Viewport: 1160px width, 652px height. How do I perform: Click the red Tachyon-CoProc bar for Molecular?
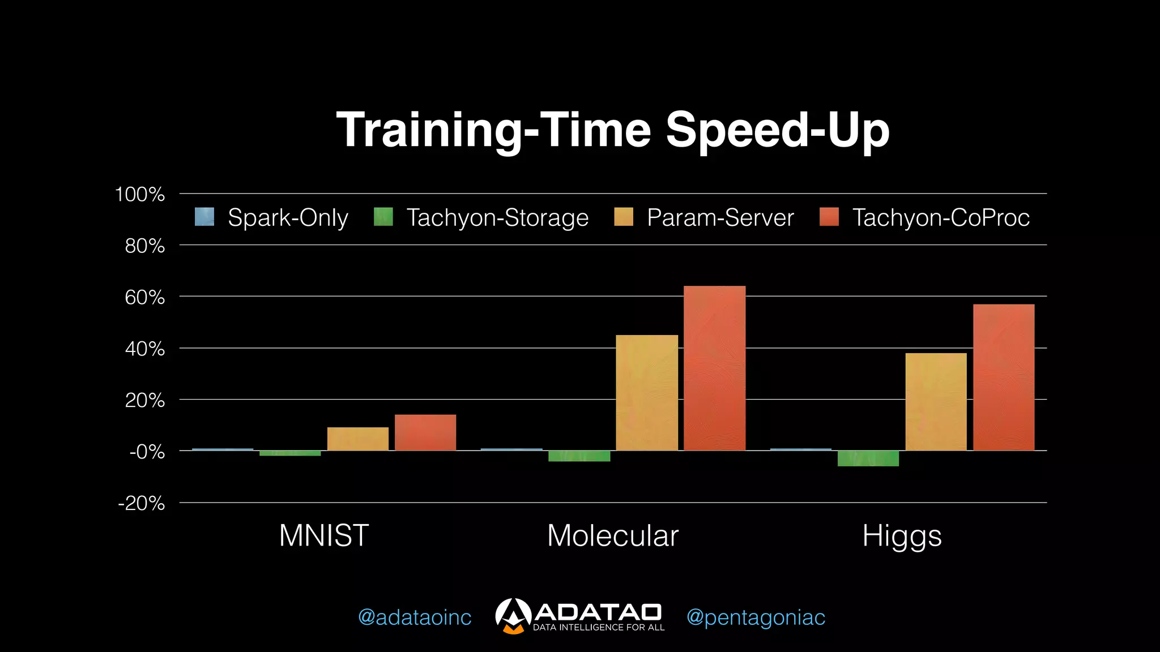(714, 368)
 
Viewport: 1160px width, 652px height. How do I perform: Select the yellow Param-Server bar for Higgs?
(936, 402)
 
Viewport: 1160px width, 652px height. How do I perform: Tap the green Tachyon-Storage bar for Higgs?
(868, 458)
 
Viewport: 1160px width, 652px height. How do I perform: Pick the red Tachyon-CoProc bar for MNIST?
(425, 433)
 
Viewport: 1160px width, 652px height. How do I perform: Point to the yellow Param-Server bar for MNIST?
(358, 439)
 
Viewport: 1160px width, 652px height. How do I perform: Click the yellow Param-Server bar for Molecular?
(647, 393)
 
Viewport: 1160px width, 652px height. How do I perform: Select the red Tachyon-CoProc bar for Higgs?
(1004, 378)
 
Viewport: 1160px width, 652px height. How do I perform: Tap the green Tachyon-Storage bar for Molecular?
(579, 456)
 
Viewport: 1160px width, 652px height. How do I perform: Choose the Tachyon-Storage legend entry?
(481, 217)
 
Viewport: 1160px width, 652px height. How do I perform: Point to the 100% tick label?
(140, 194)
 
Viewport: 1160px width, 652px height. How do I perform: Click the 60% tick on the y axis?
(145, 297)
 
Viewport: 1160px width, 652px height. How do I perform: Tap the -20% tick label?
(142, 503)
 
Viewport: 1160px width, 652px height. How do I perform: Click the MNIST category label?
(324, 535)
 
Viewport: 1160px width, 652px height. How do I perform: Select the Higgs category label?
(902, 535)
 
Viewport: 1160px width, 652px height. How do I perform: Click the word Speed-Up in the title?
(777, 130)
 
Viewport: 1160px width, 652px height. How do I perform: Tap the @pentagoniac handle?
(756, 617)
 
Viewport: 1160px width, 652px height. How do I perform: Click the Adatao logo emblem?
(513, 616)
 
